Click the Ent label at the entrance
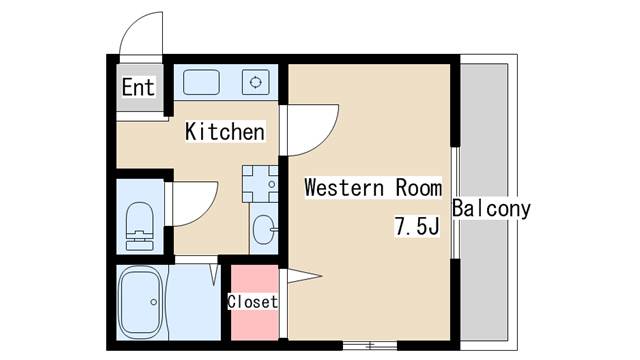pos(138,88)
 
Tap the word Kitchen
pos(225,132)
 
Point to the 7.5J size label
pos(416,227)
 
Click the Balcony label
pos(491,210)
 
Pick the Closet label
pos(252,301)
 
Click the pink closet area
pos(253,320)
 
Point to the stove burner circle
pos(257,82)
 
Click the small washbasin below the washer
pos(264,231)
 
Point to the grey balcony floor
pos(490,280)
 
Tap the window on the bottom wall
pos(370,345)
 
